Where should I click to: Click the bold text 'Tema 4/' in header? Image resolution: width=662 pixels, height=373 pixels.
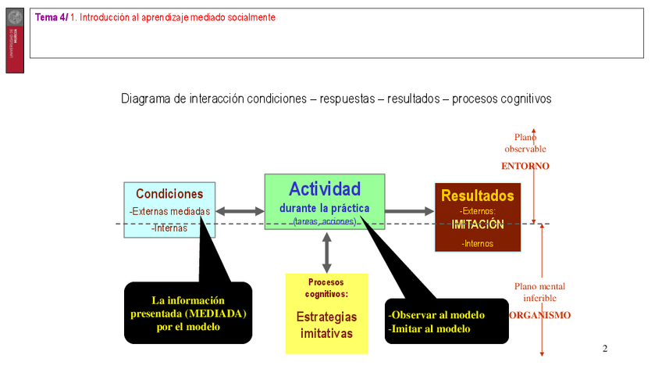point(52,17)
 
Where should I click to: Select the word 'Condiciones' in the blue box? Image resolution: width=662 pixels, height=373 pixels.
point(169,194)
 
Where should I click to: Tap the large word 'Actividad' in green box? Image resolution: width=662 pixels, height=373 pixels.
point(325,188)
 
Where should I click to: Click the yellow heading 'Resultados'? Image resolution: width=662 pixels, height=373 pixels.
point(478,195)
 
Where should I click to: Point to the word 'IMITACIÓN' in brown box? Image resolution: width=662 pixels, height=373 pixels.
point(478,224)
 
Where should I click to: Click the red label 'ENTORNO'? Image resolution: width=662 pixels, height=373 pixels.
point(525,166)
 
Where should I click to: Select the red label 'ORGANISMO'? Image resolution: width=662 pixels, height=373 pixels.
point(539,315)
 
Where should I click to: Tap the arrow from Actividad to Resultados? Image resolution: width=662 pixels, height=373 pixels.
point(409,210)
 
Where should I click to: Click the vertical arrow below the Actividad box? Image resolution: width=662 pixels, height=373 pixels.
point(326,252)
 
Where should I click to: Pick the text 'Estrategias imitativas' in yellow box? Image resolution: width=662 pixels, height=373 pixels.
point(326,325)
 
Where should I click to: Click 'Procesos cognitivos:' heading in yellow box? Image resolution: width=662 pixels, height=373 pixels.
point(326,288)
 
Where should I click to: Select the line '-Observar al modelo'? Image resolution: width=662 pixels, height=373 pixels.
point(436,315)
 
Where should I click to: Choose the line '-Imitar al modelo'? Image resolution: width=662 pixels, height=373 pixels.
point(429,329)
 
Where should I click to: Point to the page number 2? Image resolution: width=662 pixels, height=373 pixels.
point(605,348)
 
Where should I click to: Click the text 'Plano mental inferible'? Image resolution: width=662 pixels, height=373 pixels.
point(539,292)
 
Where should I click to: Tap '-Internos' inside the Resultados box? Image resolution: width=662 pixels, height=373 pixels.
point(478,243)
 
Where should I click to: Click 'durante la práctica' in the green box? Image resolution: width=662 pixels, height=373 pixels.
point(325,208)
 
